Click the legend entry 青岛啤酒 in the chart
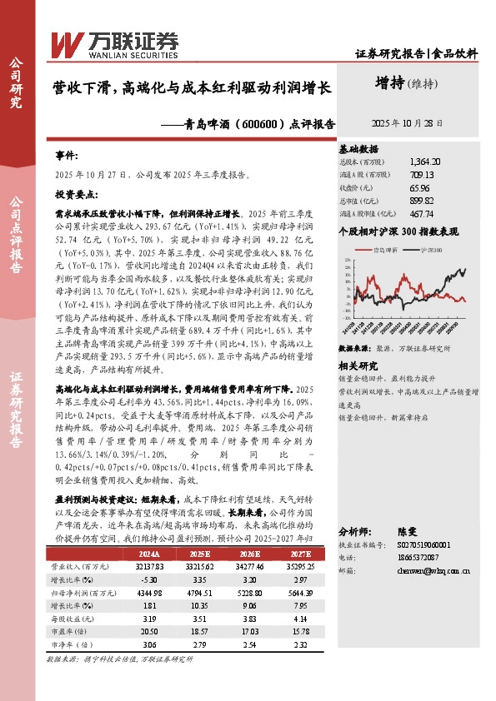tap(388, 249)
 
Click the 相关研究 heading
tap(358, 343)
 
